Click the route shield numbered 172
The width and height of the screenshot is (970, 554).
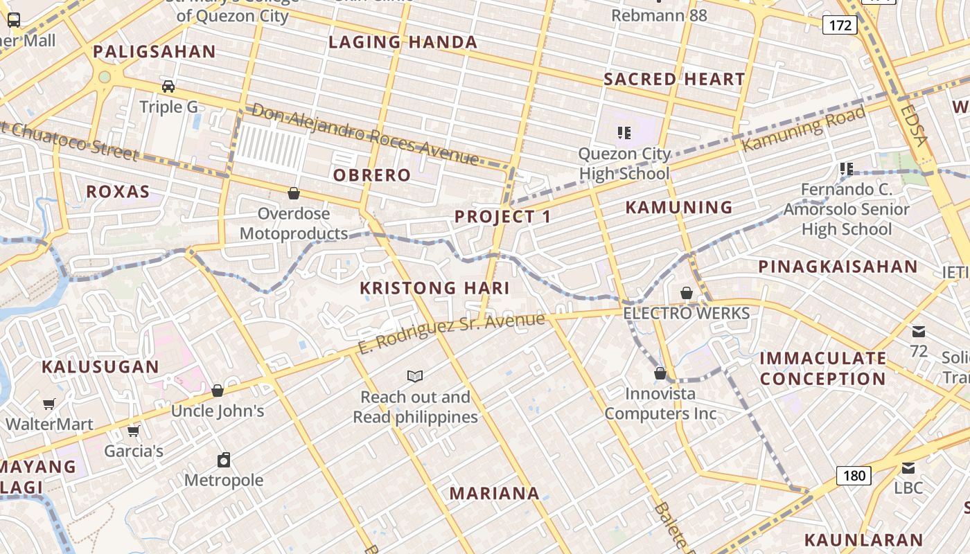click(840, 26)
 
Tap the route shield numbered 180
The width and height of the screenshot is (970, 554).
click(854, 476)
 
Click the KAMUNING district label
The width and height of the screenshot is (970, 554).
click(679, 207)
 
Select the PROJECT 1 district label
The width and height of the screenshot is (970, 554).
click(503, 217)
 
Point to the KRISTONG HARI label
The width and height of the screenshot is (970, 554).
click(434, 288)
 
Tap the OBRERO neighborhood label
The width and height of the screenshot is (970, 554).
click(372, 175)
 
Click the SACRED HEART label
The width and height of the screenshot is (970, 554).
click(674, 79)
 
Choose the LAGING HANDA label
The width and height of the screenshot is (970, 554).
click(403, 42)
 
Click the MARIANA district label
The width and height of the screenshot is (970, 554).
click(494, 494)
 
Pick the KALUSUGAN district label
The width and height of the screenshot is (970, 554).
click(100, 367)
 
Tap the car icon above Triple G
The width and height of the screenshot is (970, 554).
click(168, 87)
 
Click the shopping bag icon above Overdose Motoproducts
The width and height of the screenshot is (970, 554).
click(294, 193)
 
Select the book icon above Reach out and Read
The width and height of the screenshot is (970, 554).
click(415, 377)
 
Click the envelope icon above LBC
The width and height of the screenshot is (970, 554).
click(908, 467)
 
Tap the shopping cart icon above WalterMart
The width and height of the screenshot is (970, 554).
click(49, 404)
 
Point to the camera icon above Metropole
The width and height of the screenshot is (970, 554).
click(224, 460)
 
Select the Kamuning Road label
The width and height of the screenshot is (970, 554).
click(804, 129)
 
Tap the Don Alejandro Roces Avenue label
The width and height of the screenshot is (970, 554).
click(365, 134)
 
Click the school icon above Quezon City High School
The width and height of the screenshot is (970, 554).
click(624, 132)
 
